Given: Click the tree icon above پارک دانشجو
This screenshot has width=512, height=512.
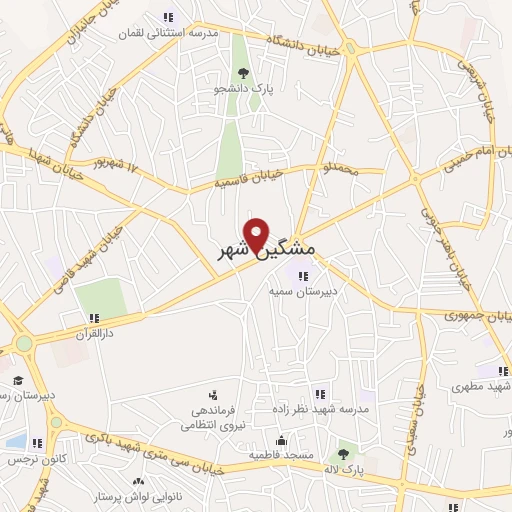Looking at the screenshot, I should tap(243, 71).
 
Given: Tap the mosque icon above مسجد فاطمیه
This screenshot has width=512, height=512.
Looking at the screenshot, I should tap(282, 439).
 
